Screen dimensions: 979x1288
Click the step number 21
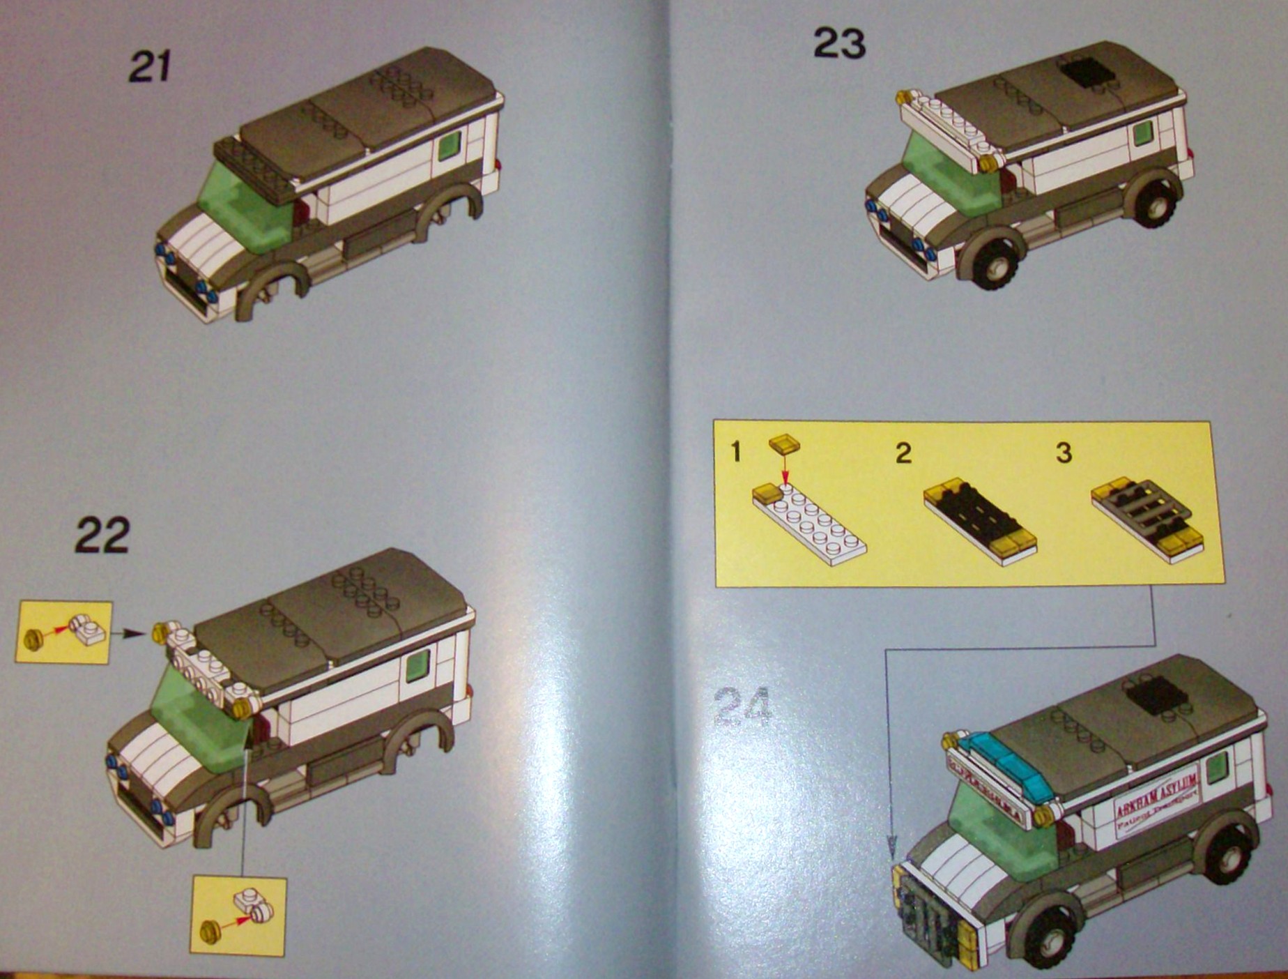coord(150,68)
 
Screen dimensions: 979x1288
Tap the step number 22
coord(102,535)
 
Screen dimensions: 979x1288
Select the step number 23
coord(839,44)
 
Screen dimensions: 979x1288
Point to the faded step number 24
coord(743,707)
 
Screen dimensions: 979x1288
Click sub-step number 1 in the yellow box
coord(736,452)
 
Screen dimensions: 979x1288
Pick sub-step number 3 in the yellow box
coord(1064,453)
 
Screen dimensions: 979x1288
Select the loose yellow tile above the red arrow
coord(785,444)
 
